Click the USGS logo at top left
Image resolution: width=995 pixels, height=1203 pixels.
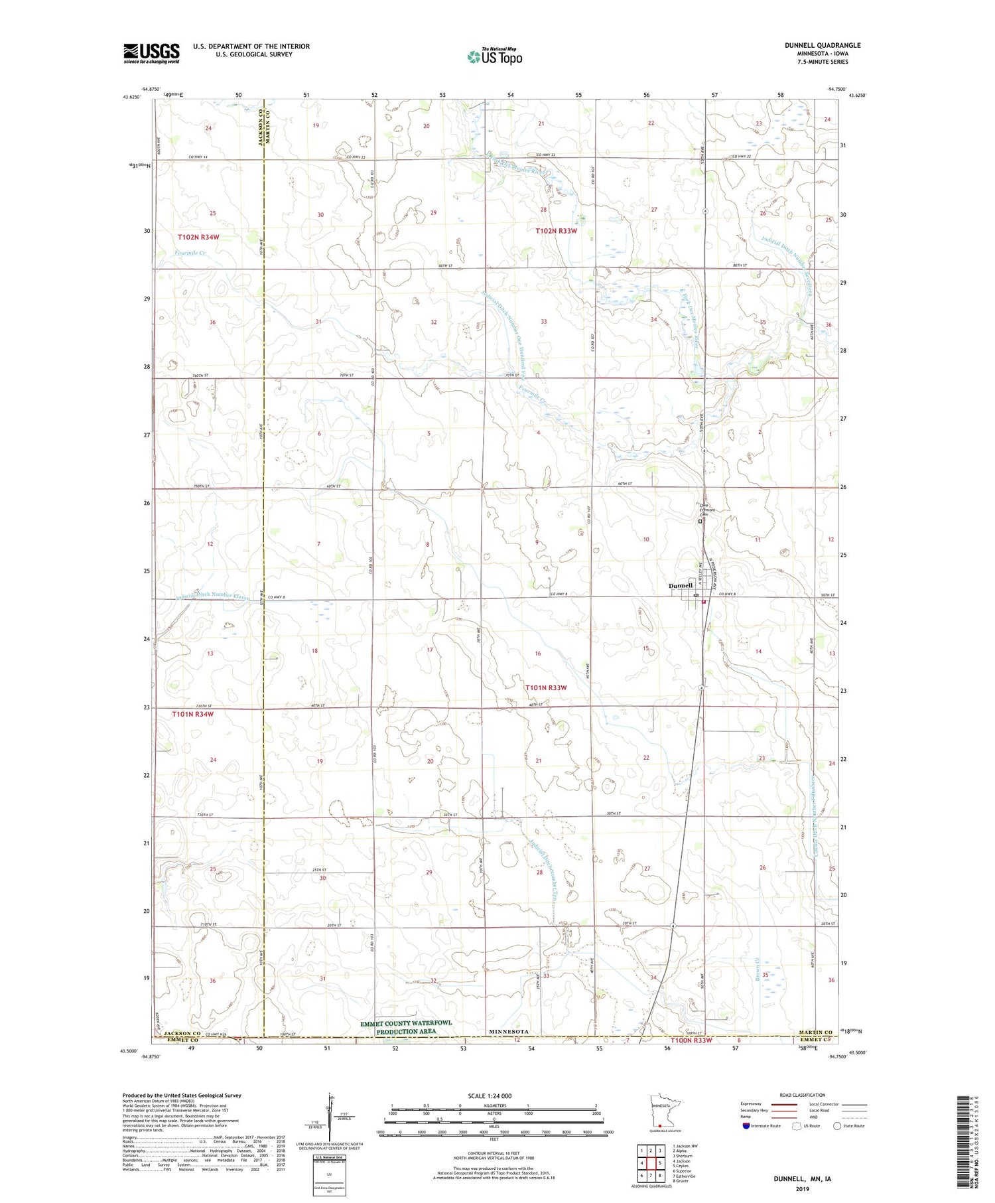coord(151,53)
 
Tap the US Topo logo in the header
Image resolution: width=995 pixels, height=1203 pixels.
coord(494,57)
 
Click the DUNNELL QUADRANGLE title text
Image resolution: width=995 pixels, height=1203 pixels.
coord(823,45)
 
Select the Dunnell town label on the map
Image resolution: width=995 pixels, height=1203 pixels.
coord(681,585)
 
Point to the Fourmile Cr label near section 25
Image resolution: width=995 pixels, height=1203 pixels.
coord(190,253)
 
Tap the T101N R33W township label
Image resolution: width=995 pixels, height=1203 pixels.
coord(546,687)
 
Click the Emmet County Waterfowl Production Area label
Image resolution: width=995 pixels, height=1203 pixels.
coord(406,1027)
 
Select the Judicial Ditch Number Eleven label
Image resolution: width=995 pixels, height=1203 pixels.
coord(213,595)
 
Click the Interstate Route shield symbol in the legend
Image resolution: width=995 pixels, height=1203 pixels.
coord(746,1125)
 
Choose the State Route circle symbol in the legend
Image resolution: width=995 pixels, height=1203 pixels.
coord(837,1125)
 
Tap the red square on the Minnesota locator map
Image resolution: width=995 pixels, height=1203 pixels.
coord(660,1125)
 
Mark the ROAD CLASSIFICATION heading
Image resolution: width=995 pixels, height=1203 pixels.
coord(803,1095)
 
